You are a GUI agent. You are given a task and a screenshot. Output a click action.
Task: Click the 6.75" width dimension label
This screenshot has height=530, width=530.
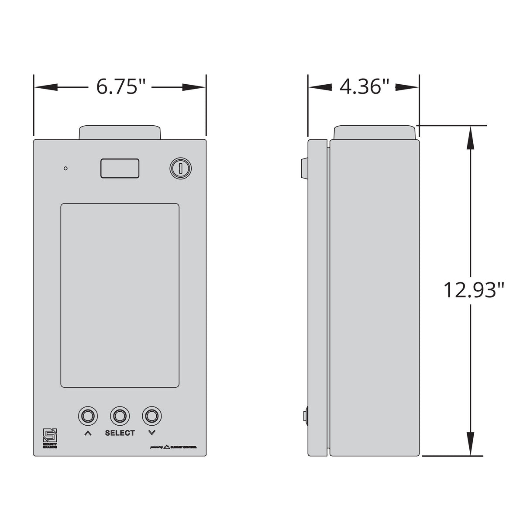pos(120,87)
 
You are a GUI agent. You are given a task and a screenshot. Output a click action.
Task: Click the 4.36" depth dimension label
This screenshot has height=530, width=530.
pos(364,87)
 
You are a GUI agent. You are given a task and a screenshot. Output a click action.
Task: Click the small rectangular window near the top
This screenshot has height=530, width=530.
pos(120,168)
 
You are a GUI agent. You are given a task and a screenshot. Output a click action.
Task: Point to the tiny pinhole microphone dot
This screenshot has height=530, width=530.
pos(65,168)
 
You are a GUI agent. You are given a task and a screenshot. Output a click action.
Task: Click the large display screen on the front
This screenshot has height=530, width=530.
pos(120,295)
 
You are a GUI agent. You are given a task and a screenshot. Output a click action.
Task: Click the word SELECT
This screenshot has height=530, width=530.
pos(120,433)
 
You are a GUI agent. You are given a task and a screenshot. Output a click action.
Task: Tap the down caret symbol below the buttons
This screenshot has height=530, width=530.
pos(151,433)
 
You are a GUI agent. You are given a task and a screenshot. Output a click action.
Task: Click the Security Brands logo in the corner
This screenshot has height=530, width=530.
pos(49,438)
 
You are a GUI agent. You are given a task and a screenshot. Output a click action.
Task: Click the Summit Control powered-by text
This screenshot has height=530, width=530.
pos(173,447)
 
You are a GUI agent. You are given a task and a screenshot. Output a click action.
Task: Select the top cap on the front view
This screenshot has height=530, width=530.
pos(120,132)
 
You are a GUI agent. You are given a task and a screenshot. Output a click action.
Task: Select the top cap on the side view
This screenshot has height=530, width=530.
pos(375,132)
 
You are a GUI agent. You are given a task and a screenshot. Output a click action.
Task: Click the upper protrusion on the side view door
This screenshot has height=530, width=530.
pos(304,168)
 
